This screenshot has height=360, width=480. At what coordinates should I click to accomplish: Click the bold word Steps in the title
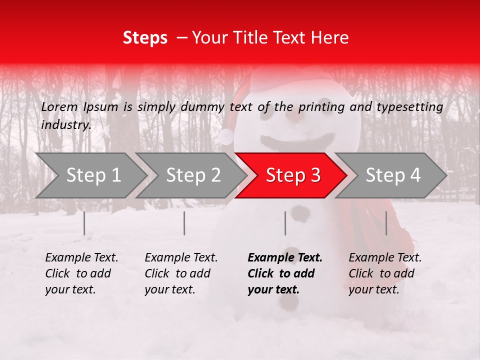click(145, 38)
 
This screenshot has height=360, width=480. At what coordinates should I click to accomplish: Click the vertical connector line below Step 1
click(84, 223)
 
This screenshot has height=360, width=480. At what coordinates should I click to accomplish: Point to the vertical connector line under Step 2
click(184, 223)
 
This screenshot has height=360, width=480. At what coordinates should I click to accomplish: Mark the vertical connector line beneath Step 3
click(285, 223)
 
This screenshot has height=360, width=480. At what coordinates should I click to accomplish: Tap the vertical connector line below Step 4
click(386, 223)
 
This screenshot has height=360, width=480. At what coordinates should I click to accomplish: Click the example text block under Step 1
click(81, 273)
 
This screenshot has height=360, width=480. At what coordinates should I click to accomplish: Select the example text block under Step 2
click(181, 273)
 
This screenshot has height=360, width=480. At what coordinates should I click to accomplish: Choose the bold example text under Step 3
click(284, 273)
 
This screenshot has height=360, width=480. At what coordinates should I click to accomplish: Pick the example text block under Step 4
click(385, 273)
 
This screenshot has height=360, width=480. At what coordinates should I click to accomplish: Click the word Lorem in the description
click(59, 107)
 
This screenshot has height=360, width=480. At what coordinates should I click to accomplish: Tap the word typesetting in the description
click(412, 107)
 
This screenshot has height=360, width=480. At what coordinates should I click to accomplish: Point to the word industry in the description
click(65, 125)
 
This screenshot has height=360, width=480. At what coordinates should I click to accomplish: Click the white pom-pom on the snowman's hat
click(227, 136)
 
